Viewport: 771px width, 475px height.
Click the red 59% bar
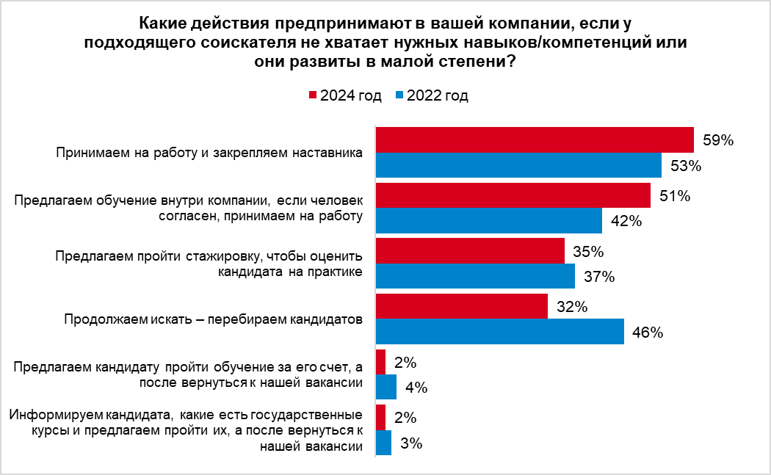(535, 139)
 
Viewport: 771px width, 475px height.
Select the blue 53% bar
(518, 164)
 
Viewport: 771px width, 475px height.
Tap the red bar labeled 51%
(513, 195)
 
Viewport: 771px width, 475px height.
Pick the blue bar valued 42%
(488, 220)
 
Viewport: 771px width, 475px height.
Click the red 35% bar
(470, 251)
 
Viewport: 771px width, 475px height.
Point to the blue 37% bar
(475, 276)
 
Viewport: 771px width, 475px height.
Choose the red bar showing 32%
(461, 307)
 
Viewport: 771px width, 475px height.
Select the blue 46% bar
(499, 332)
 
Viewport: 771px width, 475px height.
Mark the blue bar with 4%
(386, 387)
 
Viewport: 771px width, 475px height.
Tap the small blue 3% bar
(383, 443)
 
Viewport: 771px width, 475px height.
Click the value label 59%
(718, 140)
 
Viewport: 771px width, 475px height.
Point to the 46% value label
(648, 333)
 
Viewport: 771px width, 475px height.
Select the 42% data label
(626, 221)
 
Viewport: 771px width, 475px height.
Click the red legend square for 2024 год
(312, 95)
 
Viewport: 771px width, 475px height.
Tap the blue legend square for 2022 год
(399, 95)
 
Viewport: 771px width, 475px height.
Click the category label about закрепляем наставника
(210, 153)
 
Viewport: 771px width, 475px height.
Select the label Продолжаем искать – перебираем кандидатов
(214, 320)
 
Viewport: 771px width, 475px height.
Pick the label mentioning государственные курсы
(187, 431)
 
